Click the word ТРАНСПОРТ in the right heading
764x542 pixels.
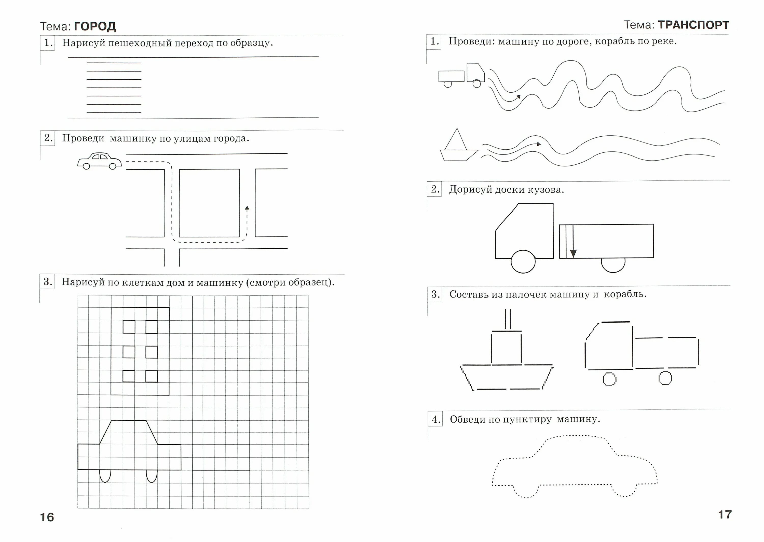point(693,25)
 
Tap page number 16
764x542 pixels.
point(47,517)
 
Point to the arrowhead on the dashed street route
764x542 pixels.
point(247,208)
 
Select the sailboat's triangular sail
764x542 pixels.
point(456,139)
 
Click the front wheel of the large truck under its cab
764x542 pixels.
point(523,262)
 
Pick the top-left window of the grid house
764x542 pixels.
point(129,327)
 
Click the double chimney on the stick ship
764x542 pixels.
point(508,319)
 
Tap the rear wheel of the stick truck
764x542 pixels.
point(665,378)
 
